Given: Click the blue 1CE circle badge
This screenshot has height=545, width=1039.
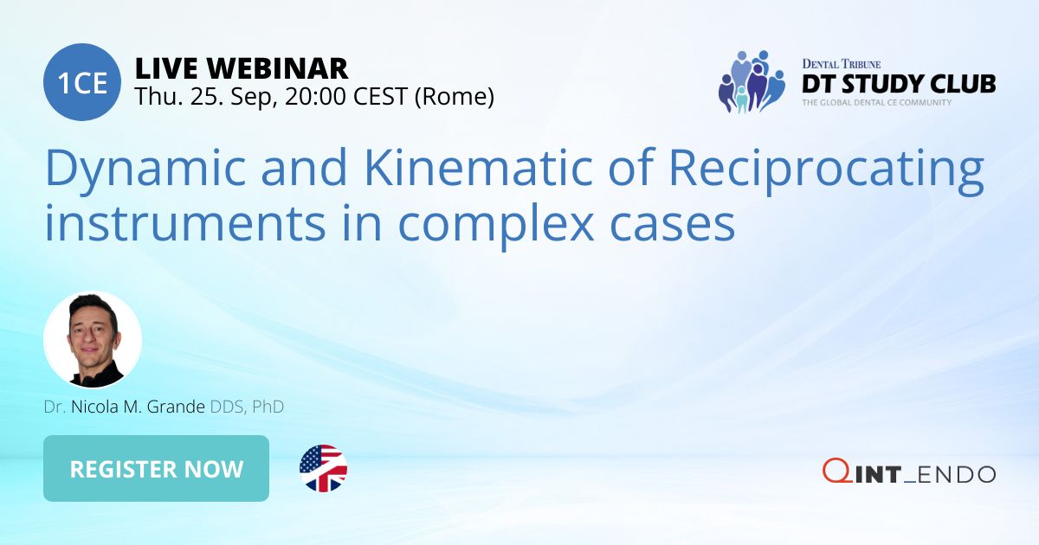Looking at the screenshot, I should [82, 82].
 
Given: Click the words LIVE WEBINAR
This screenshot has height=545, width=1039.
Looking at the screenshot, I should [242, 67].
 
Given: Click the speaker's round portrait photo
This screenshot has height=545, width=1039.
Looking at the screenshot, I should [93, 340].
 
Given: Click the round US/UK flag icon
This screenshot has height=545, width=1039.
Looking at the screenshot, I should [323, 469].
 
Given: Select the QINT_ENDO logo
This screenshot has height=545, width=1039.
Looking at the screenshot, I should [909, 472].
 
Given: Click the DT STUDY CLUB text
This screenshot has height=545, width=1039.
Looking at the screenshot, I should [898, 84].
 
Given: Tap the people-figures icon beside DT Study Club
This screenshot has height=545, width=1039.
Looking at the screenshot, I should [751, 82].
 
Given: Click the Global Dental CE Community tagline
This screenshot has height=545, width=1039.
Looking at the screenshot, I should [876, 102].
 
